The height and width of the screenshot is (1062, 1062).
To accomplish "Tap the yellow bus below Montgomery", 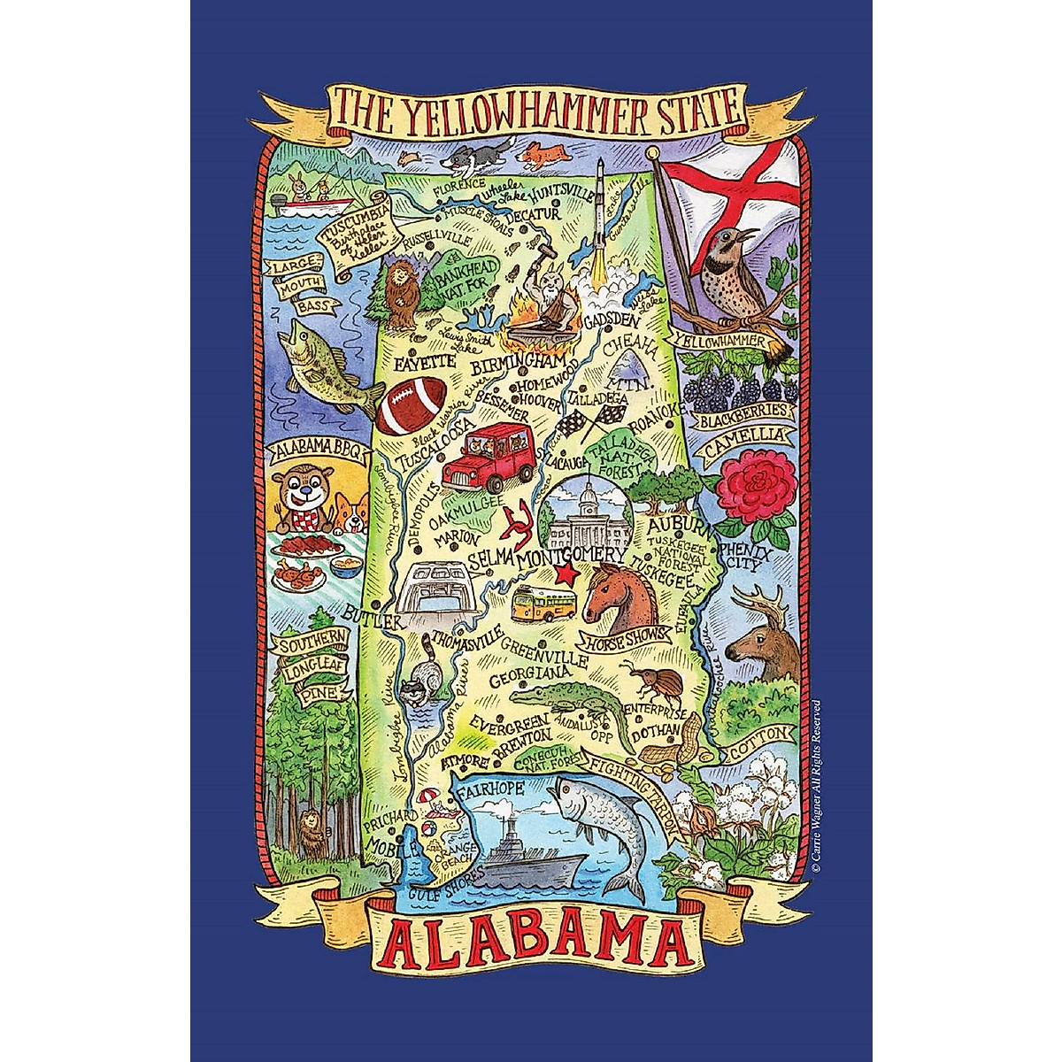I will pyautogui.click(x=545, y=604).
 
